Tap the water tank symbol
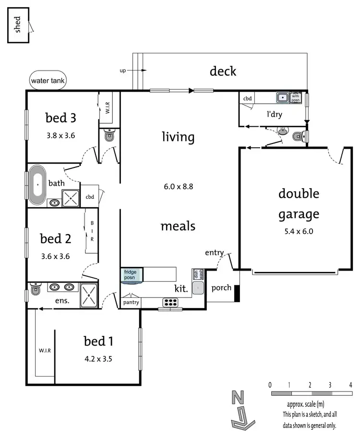tap(48, 81)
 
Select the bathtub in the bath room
tap(37, 185)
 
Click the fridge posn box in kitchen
tap(131, 275)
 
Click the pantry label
tap(131, 303)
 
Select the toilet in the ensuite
tap(36, 290)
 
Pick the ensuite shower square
tap(88, 295)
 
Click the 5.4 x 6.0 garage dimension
tap(299, 231)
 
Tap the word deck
tap(223, 71)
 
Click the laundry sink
tap(283, 97)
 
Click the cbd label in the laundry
tap(247, 99)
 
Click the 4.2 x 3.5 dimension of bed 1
tap(98, 358)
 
